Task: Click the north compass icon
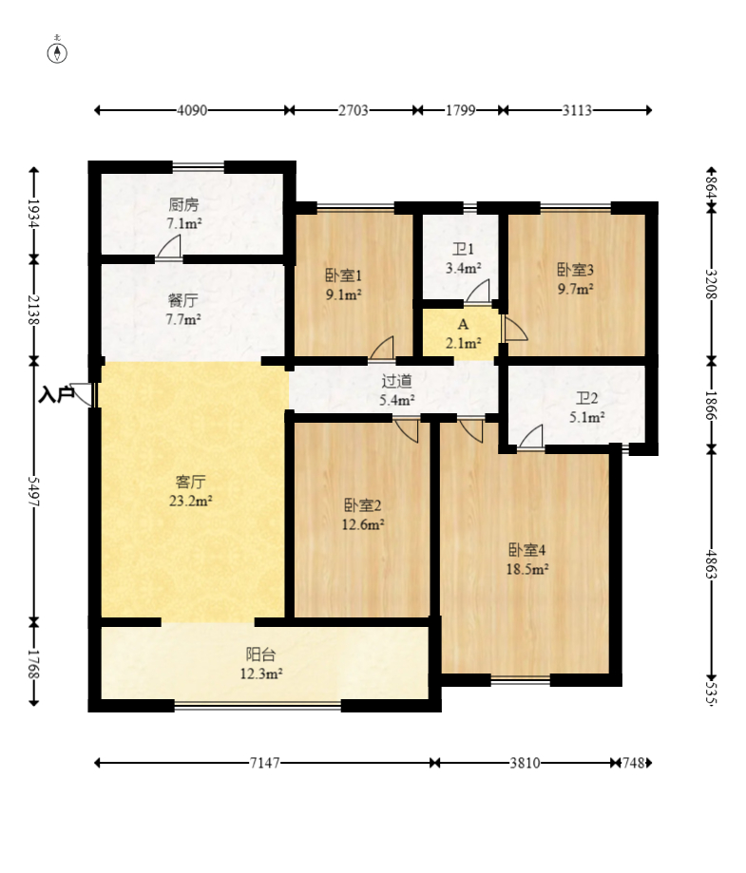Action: click(x=57, y=51)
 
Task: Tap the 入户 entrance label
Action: click(x=56, y=395)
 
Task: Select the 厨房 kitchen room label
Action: click(x=183, y=205)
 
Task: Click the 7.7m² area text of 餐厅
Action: click(x=183, y=320)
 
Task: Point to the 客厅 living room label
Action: click(x=191, y=482)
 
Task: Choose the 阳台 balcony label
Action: click(x=260, y=655)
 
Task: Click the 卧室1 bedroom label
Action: click(x=344, y=275)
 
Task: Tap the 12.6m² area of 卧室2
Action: click(x=363, y=525)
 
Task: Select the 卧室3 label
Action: click(x=576, y=270)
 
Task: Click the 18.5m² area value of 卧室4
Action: click(x=527, y=570)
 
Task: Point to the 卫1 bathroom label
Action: click(x=463, y=250)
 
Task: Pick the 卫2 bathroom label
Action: click(x=587, y=398)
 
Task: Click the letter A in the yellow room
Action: click(x=463, y=325)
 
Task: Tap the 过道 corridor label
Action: click(x=396, y=381)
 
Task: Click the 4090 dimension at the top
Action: click(x=192, y=110)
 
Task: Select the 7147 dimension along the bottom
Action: click(x=264, y=763)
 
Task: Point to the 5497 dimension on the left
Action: click(x=33, y=491)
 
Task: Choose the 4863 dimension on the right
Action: click(x=711, y=564)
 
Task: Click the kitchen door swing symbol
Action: click(x=168, y=248)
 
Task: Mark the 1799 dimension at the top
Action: click(x=461, y=110)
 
